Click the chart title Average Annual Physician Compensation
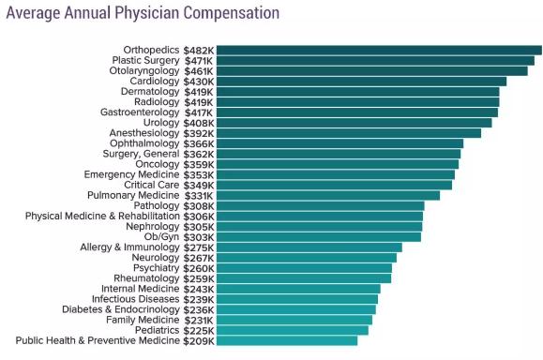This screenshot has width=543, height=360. (x=143, y=13)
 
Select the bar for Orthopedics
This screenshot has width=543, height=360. (x=379, y=51)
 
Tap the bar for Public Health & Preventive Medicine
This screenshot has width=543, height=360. (x=287, y=340)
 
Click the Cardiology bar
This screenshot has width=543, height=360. (x=362, y=82)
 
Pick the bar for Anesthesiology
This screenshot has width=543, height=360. (x=349, y=133)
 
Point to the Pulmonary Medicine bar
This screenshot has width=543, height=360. (x=328, y=196)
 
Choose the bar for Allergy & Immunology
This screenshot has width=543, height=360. (x=309, y=247)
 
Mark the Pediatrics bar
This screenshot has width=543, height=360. (x=293, y=330)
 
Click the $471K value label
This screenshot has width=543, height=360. (x=199, y=61)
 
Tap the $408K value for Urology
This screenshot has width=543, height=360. (x=199, y=123)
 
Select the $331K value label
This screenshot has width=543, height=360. (x=199, y=196)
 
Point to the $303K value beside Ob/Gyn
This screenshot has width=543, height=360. (x=199, y=237)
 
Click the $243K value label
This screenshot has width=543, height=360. (x=199, y=289)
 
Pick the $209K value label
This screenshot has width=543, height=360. (x=199, y=341)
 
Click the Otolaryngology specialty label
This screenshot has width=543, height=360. (x=144, y=71)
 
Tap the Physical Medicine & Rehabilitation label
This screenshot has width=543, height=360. (x=102, y=216)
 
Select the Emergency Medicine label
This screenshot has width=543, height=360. (x=131, y=174)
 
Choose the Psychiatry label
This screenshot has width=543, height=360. (x=157, y=268)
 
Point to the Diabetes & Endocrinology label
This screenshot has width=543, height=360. (x=121, y=309)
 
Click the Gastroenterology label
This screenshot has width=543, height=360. (x=140, y=112)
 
